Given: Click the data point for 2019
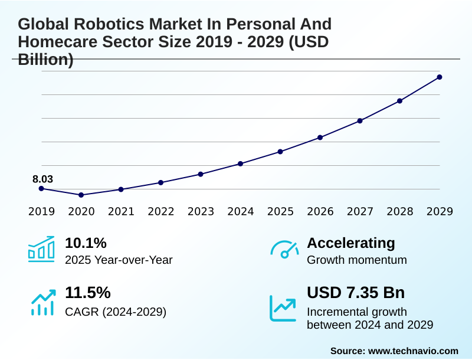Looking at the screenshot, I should (41, 188).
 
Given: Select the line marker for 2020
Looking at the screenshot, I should (81, 195).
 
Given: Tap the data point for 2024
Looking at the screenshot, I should (240, 163).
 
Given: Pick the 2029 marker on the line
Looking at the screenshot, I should (440, 77).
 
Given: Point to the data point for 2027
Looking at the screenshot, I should (360, 121).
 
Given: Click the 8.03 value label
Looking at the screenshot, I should (42, 179).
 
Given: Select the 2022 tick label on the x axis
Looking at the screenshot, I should (160, 211).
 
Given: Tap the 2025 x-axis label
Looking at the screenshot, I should (280, 211).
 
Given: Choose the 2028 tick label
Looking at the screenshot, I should (400, 211).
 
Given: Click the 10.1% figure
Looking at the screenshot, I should (86, 243).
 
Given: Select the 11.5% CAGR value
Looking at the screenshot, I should (87, 293).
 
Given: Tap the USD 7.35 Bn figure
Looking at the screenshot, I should (356, 293).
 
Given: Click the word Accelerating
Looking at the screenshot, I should (351, 243).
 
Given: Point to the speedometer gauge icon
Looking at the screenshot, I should (284, 249).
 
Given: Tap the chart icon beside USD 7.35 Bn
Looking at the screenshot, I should (283, 308).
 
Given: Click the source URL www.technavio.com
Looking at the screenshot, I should (413, 351).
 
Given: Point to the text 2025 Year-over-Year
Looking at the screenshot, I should (119, 260).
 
